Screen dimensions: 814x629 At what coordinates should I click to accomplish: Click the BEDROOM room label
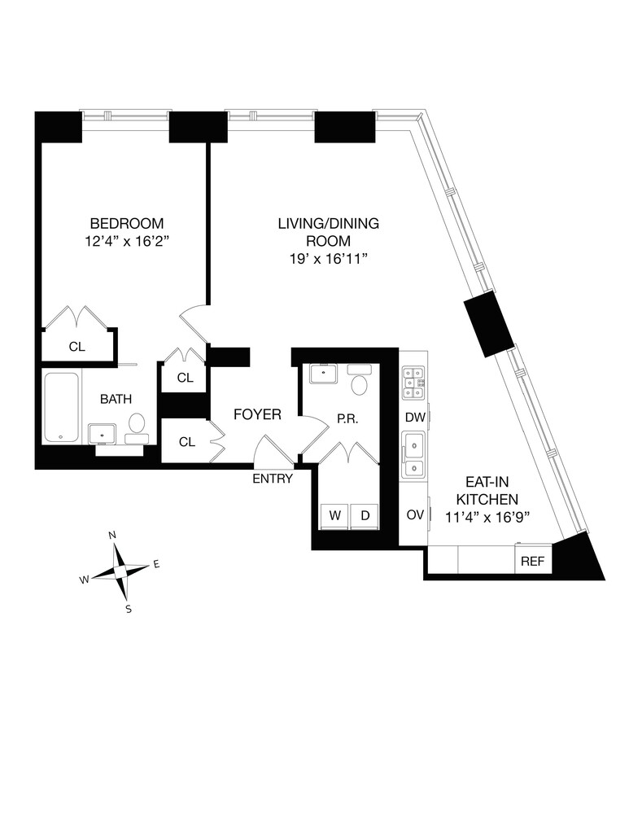coord(126,223)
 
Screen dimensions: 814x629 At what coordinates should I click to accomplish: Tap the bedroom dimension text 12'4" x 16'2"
coord(126,242)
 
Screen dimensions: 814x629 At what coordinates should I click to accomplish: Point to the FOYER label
coord(257,415)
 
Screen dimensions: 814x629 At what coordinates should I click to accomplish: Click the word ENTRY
coord(272,479)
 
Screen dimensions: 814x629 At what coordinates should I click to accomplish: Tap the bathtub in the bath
coord(62,407)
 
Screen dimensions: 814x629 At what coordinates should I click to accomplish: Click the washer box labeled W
coord(334,515)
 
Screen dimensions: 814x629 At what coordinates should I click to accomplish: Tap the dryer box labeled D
coord(365,515)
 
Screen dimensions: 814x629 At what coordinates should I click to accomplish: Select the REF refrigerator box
coord(532,561)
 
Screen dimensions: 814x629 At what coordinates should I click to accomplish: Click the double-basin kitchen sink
coord(414,456)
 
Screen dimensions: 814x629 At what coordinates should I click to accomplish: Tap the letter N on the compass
coord(113,535)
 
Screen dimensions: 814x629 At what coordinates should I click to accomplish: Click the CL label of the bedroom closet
coord(76,347)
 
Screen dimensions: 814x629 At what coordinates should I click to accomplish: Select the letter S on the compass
coord(128,608)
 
